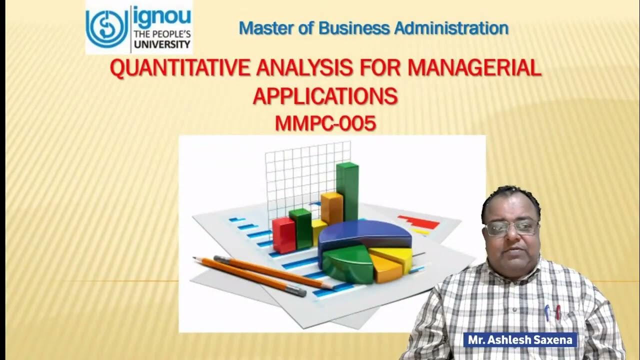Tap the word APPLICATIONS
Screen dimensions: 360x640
tap(325, 96)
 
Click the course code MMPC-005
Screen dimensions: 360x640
tap(325, 123)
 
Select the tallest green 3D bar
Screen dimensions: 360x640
tap(347, 190)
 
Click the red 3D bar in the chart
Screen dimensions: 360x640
tap(283, 235)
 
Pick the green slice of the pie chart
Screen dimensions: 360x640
tap(347, 262)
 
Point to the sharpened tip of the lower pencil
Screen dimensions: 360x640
tap(196, 259)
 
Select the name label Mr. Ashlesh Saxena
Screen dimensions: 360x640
tap(520, 340)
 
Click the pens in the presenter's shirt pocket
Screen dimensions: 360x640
tap(552, 312)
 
